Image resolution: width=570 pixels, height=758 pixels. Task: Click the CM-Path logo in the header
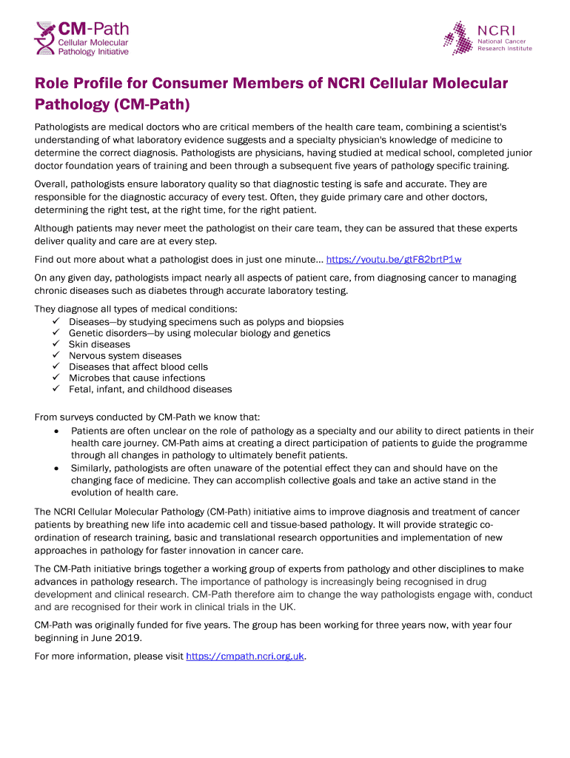click(81, 38)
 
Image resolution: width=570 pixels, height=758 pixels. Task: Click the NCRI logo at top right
click(488, 38)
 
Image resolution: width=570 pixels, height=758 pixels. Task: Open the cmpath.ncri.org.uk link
click(245, 656)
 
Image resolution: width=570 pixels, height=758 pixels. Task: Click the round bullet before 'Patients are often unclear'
click(57, 431)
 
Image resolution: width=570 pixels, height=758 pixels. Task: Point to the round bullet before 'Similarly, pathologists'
click(57, 468)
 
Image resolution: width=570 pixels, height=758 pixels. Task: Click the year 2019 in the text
click(126, 637)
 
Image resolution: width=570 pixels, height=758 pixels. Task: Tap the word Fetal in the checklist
click(81, 389)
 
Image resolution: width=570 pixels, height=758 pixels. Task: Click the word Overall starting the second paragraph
click(52, 184)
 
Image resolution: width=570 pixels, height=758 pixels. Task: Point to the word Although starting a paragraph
click(56, 228)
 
